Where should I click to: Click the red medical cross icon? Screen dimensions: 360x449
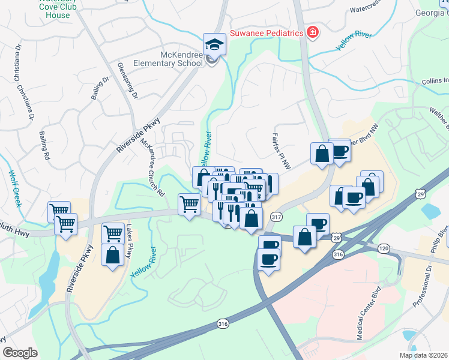312,33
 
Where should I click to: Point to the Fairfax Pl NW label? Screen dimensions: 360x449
282,152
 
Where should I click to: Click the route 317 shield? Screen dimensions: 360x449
276,217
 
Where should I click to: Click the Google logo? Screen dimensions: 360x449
20,353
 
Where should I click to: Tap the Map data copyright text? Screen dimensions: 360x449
423,355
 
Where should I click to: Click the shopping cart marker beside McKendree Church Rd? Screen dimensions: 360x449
190,205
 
